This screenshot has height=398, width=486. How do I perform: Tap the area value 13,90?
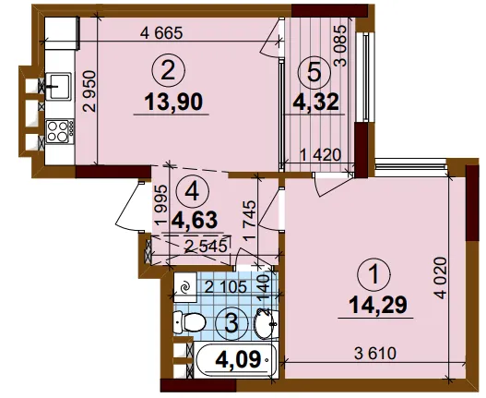point(173,103)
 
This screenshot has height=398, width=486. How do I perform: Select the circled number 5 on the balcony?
point(314,74)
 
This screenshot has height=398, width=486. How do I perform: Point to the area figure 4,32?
point(315,102)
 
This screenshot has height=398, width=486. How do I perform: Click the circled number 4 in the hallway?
point(192,193)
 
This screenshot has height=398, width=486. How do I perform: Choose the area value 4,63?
point(195,220)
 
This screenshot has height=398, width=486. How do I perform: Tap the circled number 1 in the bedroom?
point(374,274)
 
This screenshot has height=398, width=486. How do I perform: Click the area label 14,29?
point(377,305)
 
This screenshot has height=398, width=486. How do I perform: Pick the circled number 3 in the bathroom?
point(232,323)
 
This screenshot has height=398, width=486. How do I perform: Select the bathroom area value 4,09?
point(238,359)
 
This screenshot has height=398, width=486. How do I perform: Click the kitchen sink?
point(58,86)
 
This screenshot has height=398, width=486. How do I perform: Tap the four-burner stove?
point(60,131)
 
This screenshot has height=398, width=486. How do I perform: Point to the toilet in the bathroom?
point(189,322)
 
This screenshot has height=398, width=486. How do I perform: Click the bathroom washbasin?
point(266,324)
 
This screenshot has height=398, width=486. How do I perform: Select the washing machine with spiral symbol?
point(185,287)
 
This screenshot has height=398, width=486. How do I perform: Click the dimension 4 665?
point(161,33)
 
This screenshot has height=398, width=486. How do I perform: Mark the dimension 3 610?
point(375,354)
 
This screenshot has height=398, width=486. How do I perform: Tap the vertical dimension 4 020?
point(441,278)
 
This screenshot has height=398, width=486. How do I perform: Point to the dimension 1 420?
point(321,154)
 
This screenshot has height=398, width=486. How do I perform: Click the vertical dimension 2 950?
point(89,91)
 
